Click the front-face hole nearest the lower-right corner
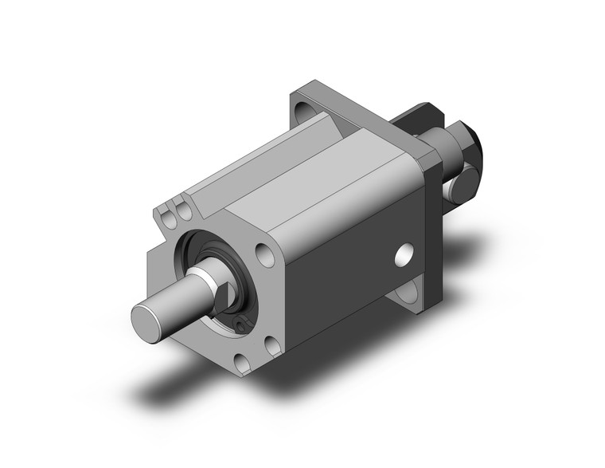tap(273, 345)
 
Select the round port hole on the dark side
tap(406, 256)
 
